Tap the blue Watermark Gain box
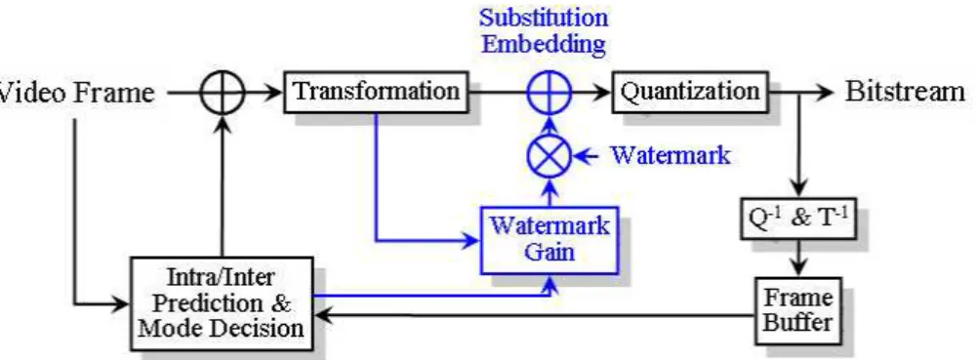pyautogui.click(x=549, y=240)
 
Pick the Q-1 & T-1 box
pyautogui.click(x=798, y=219)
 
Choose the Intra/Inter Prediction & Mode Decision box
pyautogui.click(x=222, y=303)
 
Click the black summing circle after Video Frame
pyautogui.click(x=222, y=93)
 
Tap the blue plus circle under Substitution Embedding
pyautogui.click(x=549, y=93)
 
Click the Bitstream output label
pyautogui.click(x=905, y=93)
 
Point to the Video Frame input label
pyautogui.click(x=76, y=93)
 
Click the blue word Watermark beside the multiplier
pyautogui.click(x=670, y=155)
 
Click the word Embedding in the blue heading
pyautogui.click(x=545, y=44)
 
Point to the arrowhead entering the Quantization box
pyautogui.click(x=602, y=93)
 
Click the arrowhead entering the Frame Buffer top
pyautogui.click(x=798, y=269)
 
